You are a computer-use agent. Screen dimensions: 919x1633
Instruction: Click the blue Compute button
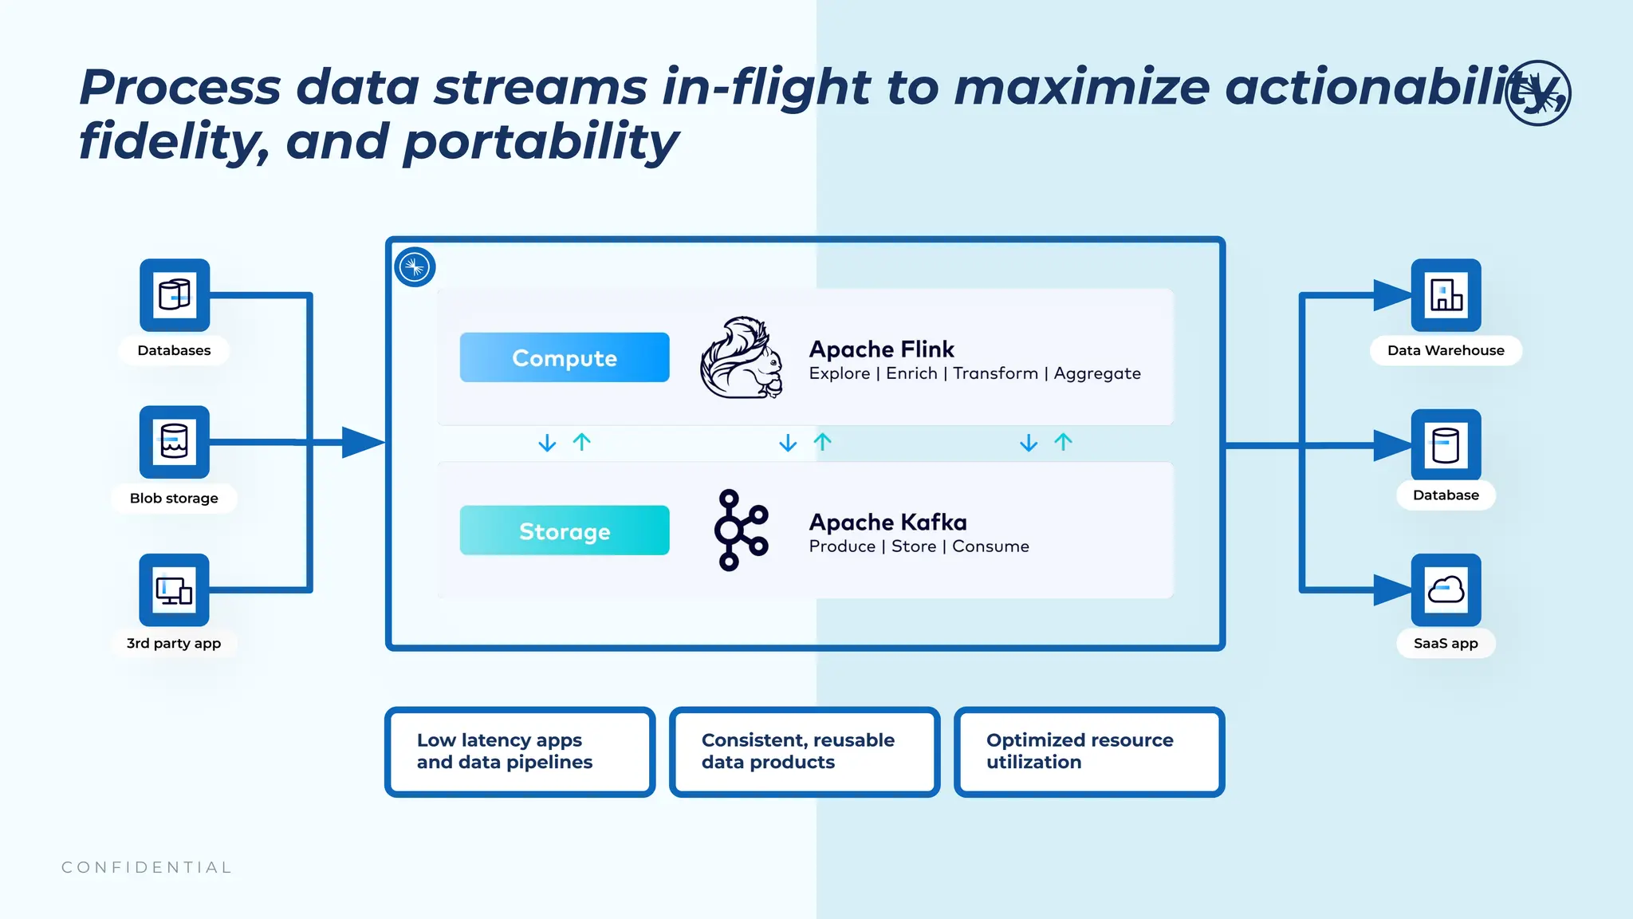[x=565, y=357]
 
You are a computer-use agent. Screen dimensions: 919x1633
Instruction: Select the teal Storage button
[x=565, y=530]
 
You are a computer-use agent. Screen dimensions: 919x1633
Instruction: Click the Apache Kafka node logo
[x=741, y=530]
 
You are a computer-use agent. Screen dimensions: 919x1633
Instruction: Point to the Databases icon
[x=175, y=295]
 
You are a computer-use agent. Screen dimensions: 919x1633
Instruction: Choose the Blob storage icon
[x=175, y=442]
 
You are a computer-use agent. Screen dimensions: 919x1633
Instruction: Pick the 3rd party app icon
[x=175, y=590]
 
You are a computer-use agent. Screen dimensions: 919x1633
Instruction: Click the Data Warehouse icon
[x=1446, y=295]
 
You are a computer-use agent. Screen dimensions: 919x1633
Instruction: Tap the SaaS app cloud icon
[x=1446, y=590]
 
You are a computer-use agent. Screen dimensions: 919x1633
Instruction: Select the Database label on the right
[x=1446, y=495]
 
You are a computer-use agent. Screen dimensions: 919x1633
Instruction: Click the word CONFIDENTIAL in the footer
[x=147, y=867]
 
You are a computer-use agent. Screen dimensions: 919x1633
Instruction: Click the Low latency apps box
[x=520, y=751]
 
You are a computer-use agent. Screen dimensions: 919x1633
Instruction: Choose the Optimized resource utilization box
[x=1089, y=751]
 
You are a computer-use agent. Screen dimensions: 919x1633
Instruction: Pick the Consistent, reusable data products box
[x=805, y=751]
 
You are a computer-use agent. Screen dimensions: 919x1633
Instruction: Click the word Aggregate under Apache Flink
[x=1097, y=374]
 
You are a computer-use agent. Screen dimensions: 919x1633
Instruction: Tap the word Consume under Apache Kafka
[x=990, y=546]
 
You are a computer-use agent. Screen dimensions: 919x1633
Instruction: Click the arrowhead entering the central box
[x=363, y=442]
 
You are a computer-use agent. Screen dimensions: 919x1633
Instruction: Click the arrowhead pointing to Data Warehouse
[x=1391, y=295]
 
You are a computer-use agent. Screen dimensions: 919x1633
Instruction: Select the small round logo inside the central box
[x=415, y=267]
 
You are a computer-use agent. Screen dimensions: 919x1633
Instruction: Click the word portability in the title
[x=541, y=142]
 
